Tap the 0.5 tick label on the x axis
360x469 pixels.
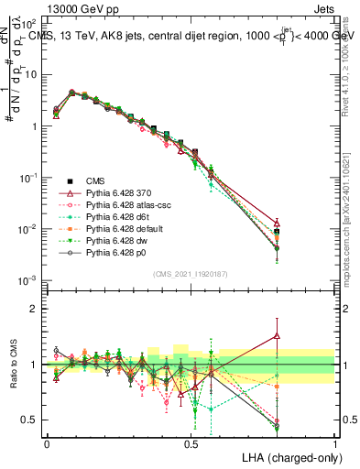coord(191,442)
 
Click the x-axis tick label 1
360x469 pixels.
coord(335,442)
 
